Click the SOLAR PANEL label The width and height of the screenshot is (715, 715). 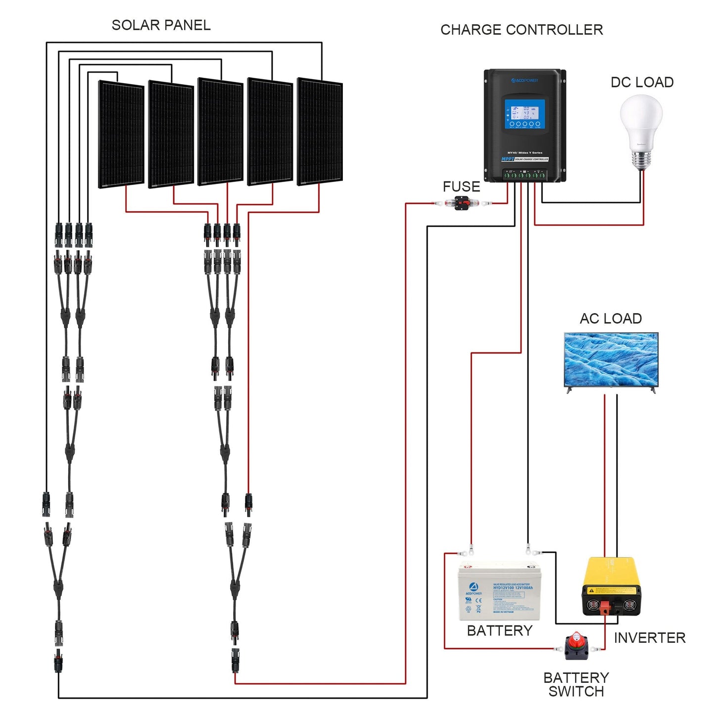pyautogui.click(x=161, y=25)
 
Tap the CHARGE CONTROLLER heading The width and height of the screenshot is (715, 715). pyautogui.click(x=522, y=30)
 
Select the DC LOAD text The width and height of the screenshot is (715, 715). pyautogui.click(x=642, y=83)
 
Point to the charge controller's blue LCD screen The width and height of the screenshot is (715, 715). pyautogui.click(x=524, y=114)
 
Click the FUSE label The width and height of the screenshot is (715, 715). pyautogui.click(x=461, y=187)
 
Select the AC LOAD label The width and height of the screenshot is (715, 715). pyautogui.click(x=611, y=319)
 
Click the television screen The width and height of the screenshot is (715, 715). pyautogui.click(x=611, y=359)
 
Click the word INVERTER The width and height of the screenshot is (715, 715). pyautogui.click(x=650, y=638)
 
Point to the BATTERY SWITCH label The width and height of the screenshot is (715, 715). pyautogui.click(x=576, y=684)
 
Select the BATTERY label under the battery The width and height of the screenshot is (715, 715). pyautogui.click(x=499, y=631)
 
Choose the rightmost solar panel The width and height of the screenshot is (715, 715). pyautogui.click(x=320, y=132)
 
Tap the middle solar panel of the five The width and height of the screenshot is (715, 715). pyautogui.click(x=220, y=132)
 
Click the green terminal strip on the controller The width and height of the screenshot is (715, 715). pyautogui.click(x=524, y=175)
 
